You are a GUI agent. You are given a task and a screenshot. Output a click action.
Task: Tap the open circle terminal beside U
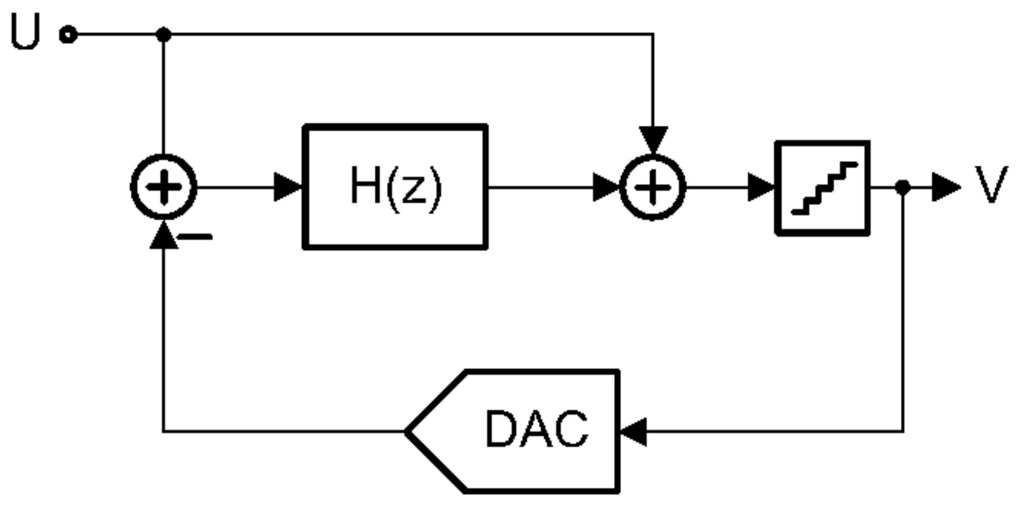(68, 35)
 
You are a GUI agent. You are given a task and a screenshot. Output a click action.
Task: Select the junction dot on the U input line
(163, 35)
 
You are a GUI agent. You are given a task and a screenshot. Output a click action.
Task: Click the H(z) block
(395, 187)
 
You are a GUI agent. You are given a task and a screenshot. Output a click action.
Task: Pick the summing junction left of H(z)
(163, 187)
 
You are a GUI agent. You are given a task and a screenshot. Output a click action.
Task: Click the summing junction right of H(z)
(652, 187)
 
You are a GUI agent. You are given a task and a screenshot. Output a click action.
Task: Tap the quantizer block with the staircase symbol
(823, 188)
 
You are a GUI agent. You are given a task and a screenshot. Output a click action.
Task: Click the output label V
(991, 185)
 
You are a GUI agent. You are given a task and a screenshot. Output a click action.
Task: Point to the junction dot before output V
(903, 187)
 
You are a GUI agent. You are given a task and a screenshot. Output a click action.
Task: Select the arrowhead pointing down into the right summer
(653, 139)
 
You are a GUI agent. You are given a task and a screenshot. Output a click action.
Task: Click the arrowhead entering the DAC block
(634, 432)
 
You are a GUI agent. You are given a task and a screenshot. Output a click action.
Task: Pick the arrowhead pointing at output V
(945, 187)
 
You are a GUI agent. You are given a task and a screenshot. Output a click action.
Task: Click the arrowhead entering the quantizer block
(761, 187)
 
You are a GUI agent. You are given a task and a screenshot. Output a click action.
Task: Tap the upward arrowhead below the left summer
(163, 236)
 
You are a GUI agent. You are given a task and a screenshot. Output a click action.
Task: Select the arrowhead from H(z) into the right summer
(606, 187)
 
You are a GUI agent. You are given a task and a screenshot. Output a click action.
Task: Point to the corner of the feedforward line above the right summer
(653, 35)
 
